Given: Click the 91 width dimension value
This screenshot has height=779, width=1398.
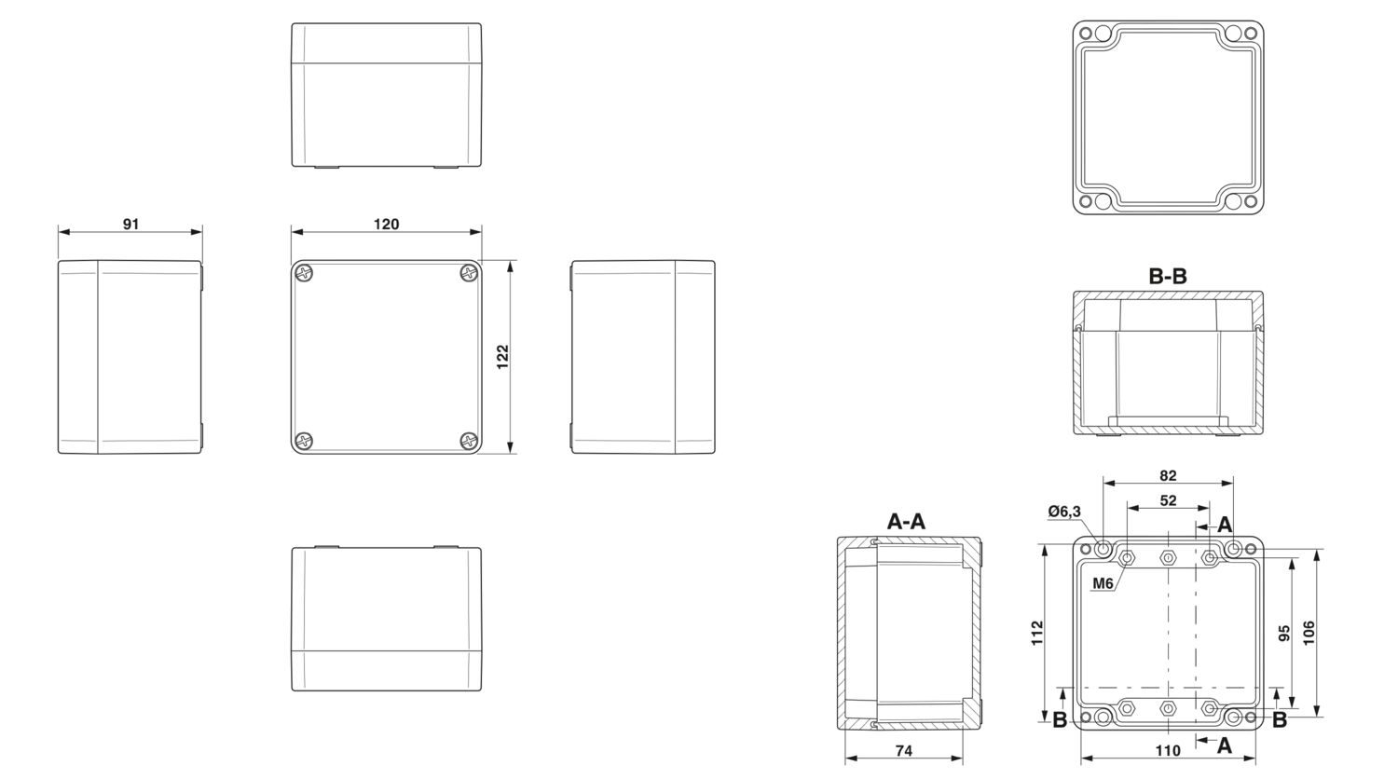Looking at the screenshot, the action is pyautogui.click(x=131, y=224).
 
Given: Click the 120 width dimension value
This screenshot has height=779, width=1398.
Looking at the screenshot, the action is pyautogui.click(x=387, y=224).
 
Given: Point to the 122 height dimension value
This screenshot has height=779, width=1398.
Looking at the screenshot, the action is pyautogui.click(x=502, y=357).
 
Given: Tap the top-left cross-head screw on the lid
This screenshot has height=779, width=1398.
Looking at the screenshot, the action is pyautogui.click(x=304, y=273).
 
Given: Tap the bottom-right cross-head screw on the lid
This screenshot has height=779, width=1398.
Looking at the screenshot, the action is pyautogui.click(x=469, y=442).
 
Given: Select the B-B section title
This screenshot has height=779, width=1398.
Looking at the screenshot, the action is pyautogui.click(x=1168, y=276).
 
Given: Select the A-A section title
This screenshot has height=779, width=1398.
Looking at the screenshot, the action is pyautogui.click(x=906, y=521).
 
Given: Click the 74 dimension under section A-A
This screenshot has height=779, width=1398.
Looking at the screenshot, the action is pyautogui.click(x=904, y=751).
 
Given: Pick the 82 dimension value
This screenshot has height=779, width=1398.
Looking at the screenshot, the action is pyautogui.click(x=1168, y=475).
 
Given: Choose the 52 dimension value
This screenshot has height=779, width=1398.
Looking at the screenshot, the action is pyautogui.click(x=1168, y=500).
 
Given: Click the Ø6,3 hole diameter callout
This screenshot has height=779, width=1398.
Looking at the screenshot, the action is pyautogui.click(x=1064, y=512).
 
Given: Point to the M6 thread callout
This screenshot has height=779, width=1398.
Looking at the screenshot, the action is pyautogui.click(x=1103, y=583).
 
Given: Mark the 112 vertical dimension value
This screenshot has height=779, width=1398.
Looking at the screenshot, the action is pyautogui.click(x=1036, y=633).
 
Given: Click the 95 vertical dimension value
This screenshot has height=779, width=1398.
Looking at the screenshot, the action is pyautogui.click(x=1283, y=634).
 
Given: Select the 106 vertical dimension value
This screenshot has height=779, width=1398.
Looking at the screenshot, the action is pyautogui.click(x=1309, y=633).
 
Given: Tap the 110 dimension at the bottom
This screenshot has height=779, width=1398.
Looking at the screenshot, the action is pyautogui.click(x=1168, y=750).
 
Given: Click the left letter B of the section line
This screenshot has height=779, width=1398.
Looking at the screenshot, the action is pyautogui.click(x=1060, y=719).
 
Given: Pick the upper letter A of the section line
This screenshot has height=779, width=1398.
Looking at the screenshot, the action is pyautogui.click(x=1226, y=525).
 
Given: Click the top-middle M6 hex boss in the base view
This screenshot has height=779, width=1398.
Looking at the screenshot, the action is pyautogui.click(x=1168, y=557).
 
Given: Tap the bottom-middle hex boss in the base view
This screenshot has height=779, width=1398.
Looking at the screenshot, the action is pyautogui.click(x=1168, y=708).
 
